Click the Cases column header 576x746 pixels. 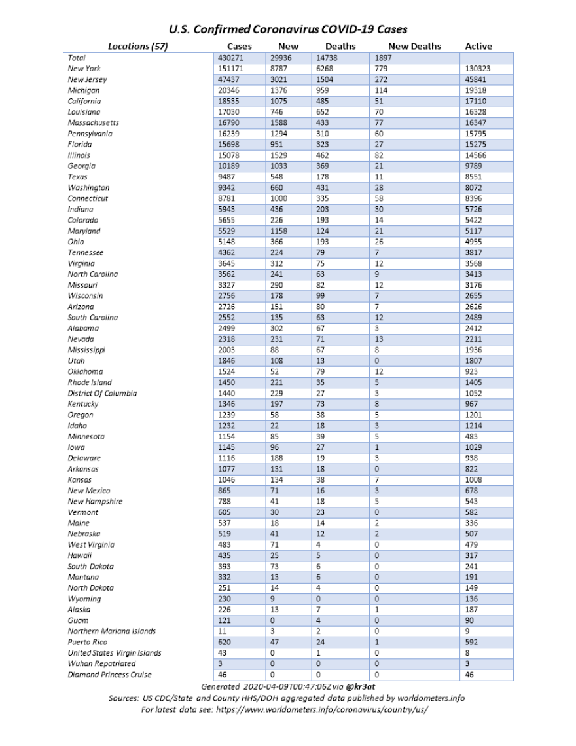pyautogui.click(x=240, y=47)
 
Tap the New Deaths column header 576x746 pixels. pyautogui.click(x=414, y=47)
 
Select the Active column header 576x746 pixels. pyautogui.click(x=478, y=47)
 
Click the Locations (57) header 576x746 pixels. pyautogui.click(x=138, y=47)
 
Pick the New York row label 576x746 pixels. pyautogui.click(x=84, y=69)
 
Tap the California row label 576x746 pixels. pyautogui.click(x=84, y=102)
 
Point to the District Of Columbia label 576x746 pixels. pyautogui.click(x=102, y=393)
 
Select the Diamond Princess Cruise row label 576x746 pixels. pyautogui.click(x=109, y=674)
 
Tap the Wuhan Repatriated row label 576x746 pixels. pyautogui.click(x=101, y=663)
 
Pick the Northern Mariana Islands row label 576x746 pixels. pyautogui.click(x=112, y=631)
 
